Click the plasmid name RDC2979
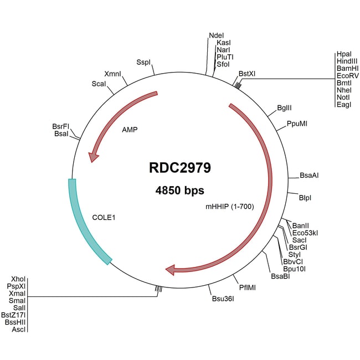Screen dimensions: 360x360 pos(179,168)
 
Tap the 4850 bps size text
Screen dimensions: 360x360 pos(180,191)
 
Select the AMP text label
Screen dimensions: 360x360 pos(129,130)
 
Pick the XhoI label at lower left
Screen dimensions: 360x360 pos(18,279)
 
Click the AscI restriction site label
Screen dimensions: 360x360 pos(18,330)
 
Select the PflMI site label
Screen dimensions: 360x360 pos(248,287)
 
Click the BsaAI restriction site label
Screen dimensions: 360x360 pos(308,176)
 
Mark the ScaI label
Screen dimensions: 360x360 pos(99,83)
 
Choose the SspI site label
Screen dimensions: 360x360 pos(143,63)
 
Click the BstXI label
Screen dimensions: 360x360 pos(247,73)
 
